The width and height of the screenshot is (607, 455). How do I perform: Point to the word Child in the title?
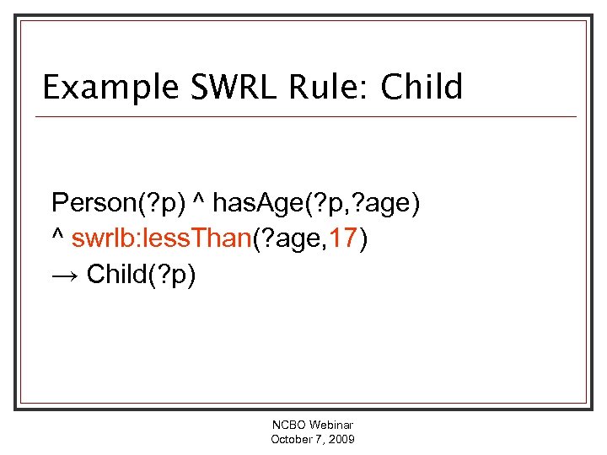tap(422, 88)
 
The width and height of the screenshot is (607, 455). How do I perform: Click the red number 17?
tap(343, 239)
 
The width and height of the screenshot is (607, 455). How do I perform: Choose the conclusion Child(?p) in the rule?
tap(141, 276)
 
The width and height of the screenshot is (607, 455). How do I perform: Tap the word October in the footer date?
tap(292, 440)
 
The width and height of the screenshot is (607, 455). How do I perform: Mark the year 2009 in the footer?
tap(341, 440)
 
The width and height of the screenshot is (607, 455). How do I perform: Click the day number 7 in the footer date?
tap(320, 440)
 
